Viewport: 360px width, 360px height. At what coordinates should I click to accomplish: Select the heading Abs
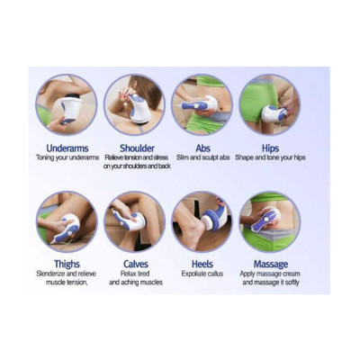pyautogui.click(x=202, y=147)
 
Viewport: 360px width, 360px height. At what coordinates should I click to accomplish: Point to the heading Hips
pyautogui.click(x=270, y=147)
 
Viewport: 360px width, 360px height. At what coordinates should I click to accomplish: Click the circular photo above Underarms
pyautogui.click(x=67, y=103)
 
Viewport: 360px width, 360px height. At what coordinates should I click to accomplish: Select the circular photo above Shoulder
pyautogui.click(x=134, y=103)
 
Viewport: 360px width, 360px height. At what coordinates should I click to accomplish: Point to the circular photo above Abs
pyautogui.click(x=202, y=103)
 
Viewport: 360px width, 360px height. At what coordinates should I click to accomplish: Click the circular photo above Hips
pyautogui.click(x=270, y=103)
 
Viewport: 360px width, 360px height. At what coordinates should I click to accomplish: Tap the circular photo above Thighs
pyautogui.click(x=67, y=220)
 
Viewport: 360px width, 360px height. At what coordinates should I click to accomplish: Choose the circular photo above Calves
pyautogui.click(x=134, y=220)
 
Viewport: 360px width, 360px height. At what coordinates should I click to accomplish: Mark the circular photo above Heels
pyautogui.click(x=202, y=220)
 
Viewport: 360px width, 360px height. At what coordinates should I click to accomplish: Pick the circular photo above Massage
pyautogui.click(x=270, y=220)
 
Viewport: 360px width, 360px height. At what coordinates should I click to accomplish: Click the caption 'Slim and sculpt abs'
pyautogui.click(x=202, y=158)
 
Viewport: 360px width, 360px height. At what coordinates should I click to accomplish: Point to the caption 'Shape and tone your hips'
pyautogui.click(x=270, y=158)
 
